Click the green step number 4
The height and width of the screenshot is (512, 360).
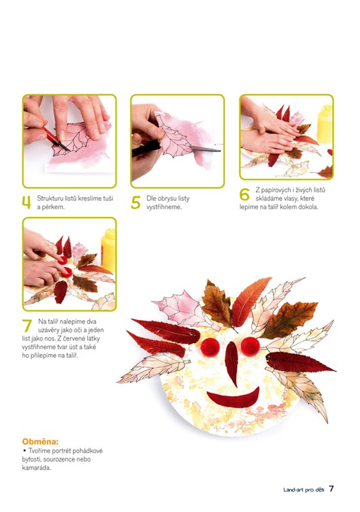point(26,202)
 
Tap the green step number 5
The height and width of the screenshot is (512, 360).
point(136,202)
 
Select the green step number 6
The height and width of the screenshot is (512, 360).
point(244,195)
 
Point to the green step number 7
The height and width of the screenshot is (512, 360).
point(27,326)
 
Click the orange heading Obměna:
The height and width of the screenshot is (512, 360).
point(40,442)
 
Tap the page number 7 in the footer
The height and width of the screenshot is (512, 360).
point(331,488)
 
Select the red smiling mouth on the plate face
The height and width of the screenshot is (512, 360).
point(233,398)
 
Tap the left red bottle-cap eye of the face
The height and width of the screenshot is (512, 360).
point(209,348)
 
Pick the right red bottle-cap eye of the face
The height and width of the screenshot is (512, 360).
point(250,346)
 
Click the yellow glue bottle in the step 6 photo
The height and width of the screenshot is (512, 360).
point(325,124)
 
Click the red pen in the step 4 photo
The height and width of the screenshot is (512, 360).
point(55,139)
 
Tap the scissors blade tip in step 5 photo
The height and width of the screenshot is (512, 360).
point(220,151)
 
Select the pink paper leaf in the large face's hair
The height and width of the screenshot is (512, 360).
point(179,308)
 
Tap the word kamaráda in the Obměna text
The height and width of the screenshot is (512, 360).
point(37,468)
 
